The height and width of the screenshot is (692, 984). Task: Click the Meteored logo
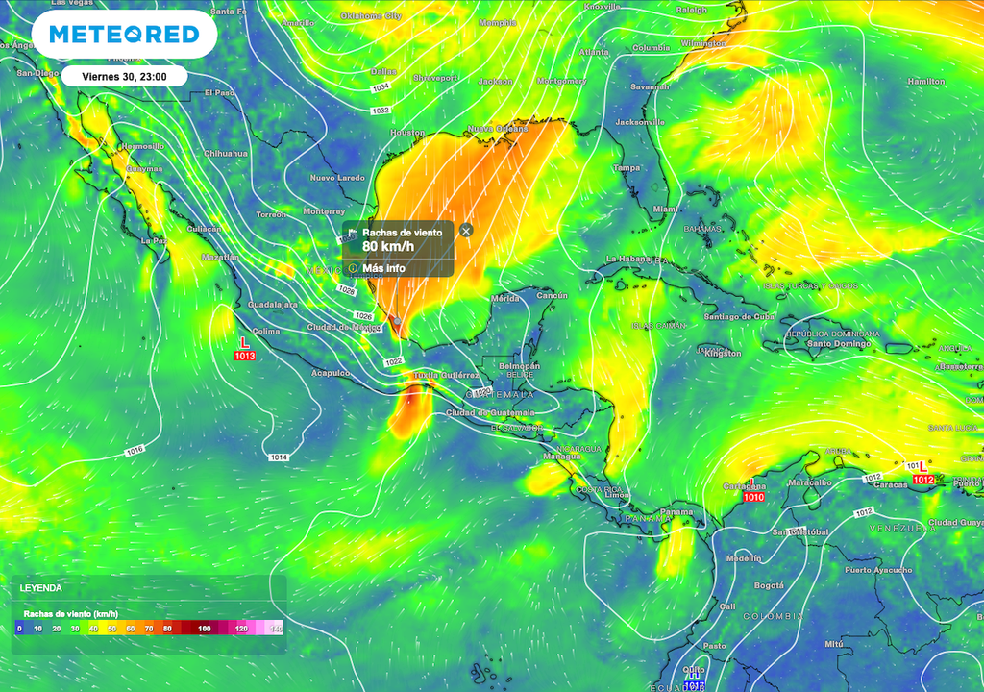(x=124, y=35)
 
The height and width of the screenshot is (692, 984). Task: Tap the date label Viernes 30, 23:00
(x=124, y=77)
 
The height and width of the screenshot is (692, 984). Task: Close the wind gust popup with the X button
(x=466, y=231)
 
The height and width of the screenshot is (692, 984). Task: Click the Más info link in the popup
(x=383, y=268)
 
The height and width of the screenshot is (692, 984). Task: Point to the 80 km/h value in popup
(x=381, y=246)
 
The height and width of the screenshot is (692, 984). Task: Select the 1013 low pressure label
(x=244, y=357)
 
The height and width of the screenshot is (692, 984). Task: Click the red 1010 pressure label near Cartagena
(x=753, y=498)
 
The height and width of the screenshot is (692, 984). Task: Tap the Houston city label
(x=407, y=133)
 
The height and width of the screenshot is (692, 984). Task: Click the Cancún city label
(x=553, y=296)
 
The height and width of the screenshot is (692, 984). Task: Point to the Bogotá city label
(x=769, y=585)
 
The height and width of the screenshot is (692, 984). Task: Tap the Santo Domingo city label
(x=832, y=343)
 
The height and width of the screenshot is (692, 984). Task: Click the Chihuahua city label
(x=226, y=154)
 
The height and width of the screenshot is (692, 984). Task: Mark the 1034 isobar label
(x=381, y=87)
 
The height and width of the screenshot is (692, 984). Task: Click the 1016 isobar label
(x=135, y=450)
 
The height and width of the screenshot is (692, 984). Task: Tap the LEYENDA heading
(x=40, y=587)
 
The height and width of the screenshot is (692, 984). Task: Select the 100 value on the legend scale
(x=204, y=629)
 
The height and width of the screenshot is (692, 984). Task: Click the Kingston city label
(x=724, y=354)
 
